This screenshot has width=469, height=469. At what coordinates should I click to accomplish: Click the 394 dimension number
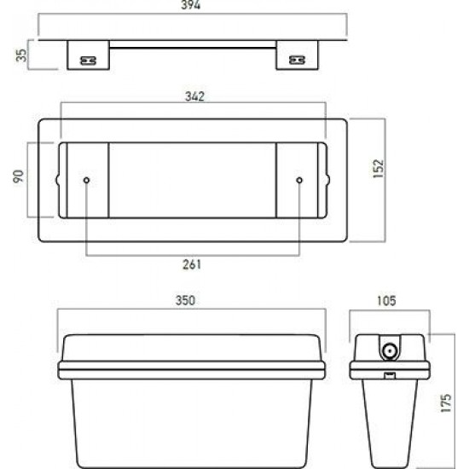190,5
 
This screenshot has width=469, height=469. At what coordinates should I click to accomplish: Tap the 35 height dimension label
21,55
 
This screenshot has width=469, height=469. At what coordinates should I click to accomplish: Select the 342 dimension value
194,96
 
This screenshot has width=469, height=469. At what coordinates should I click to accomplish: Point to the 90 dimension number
19,177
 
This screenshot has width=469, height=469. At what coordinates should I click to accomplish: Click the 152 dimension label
379,169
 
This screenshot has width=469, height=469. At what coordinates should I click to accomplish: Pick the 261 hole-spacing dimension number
192,264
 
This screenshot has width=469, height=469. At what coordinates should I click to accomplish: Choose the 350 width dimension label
185,300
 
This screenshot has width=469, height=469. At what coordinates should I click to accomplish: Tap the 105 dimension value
386,301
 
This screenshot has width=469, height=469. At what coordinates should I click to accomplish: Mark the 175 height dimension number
445,402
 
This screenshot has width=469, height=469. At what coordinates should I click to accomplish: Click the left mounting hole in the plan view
86,181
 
